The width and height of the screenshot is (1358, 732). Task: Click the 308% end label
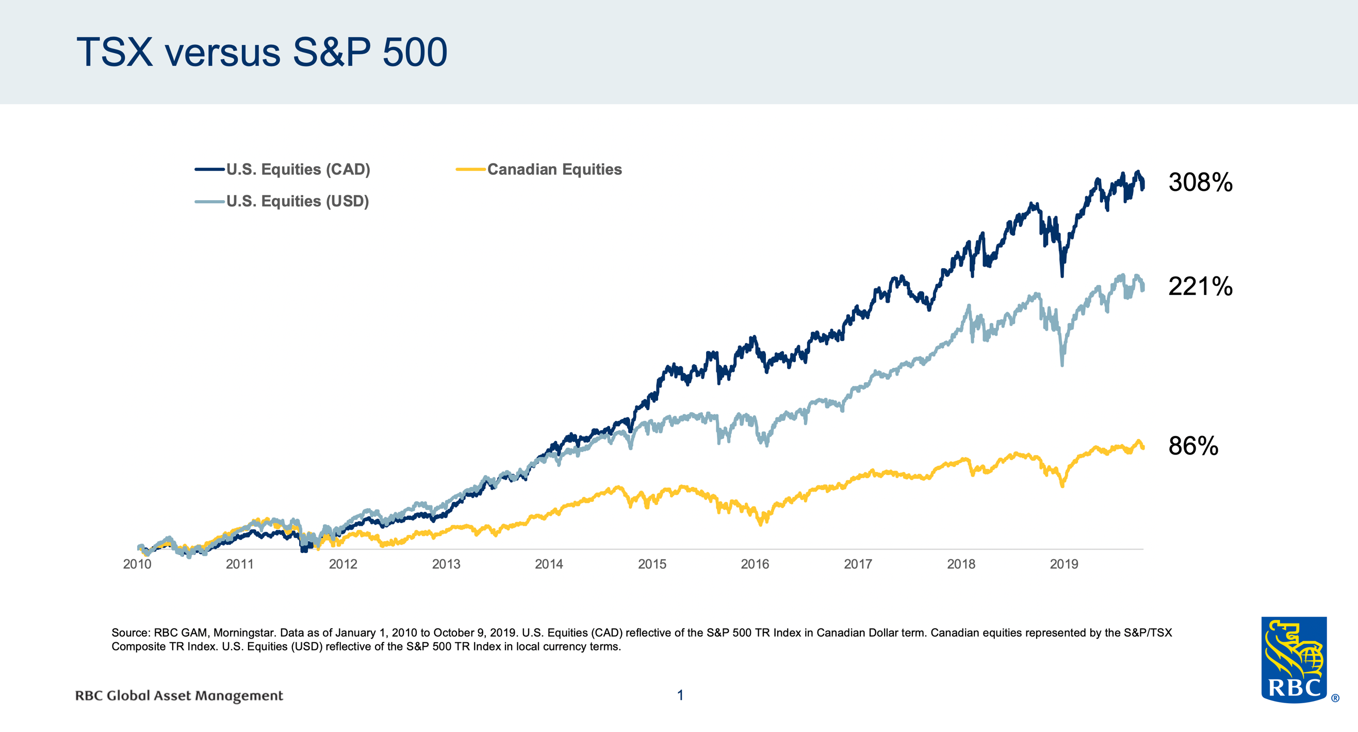tap(1200, 182)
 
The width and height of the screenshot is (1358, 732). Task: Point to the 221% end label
tap(1200, 286)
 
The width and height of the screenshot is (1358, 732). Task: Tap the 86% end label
tap(1193, 446)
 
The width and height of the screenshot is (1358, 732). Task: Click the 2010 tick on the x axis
tap(137, 564)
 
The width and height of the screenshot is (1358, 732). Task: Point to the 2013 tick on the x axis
tap(446, 564)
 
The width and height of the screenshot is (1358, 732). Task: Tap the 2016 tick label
tap(755, 564)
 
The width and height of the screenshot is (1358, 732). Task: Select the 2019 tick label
tap(1064, 564)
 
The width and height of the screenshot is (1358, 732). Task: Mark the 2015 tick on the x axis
tap(652, 564)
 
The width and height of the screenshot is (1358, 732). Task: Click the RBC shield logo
tap(1294, 659)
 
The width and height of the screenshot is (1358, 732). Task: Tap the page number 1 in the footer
tap(680, 695)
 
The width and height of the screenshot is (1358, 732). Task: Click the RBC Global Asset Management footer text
tap(179, 695)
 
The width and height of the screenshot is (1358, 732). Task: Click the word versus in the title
tap(222, 53)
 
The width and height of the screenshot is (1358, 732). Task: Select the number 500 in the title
tap(415, 53)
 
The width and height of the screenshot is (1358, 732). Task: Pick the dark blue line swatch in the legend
tap(209, 169)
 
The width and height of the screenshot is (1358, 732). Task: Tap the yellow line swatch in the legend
tap(470, 169)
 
